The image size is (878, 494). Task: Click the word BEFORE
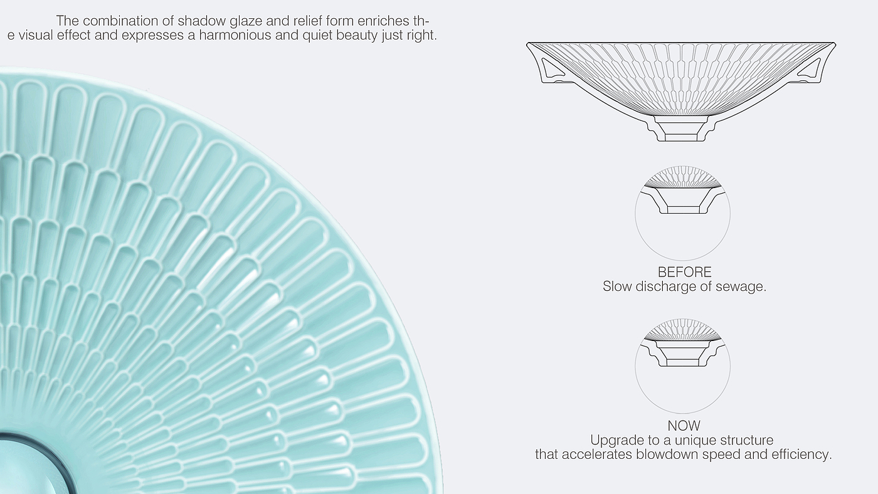[684, 273]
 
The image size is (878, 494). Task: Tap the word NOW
[684, 426]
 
